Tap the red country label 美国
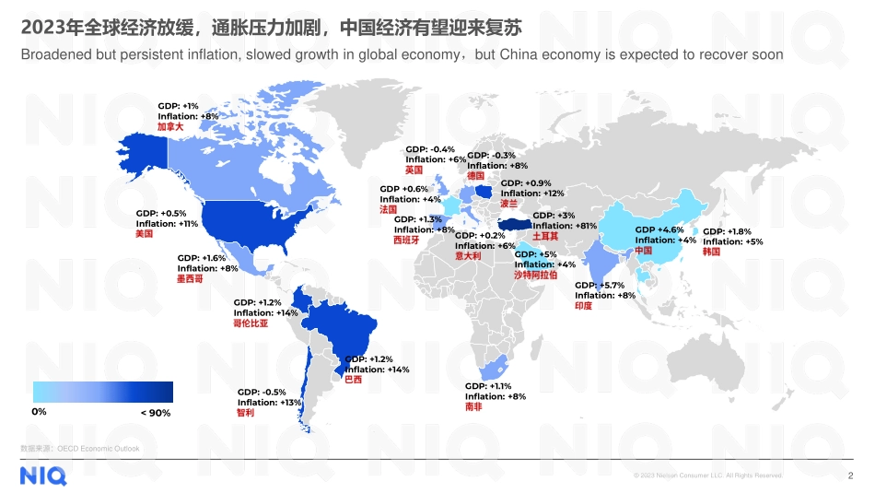click(x=144, y=234)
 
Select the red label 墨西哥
click(x=190, y=278)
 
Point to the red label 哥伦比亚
click(x=251, y=323)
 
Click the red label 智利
click(x=245, y=413)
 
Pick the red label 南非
click(x=473, y=406)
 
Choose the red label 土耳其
click(x=545, y=236)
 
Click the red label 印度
click(x=583, y=306)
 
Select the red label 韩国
click(x=711, y=252)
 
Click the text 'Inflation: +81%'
click(x=565, y=226)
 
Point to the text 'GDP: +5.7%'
click(x=600, y=286)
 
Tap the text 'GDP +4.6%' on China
click(x=659, y=229)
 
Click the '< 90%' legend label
click(x=156, y=414)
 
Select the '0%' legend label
click(x=40, y=412)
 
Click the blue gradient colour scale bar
click(x=102, y=392)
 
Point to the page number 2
click(x=850, y=475)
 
